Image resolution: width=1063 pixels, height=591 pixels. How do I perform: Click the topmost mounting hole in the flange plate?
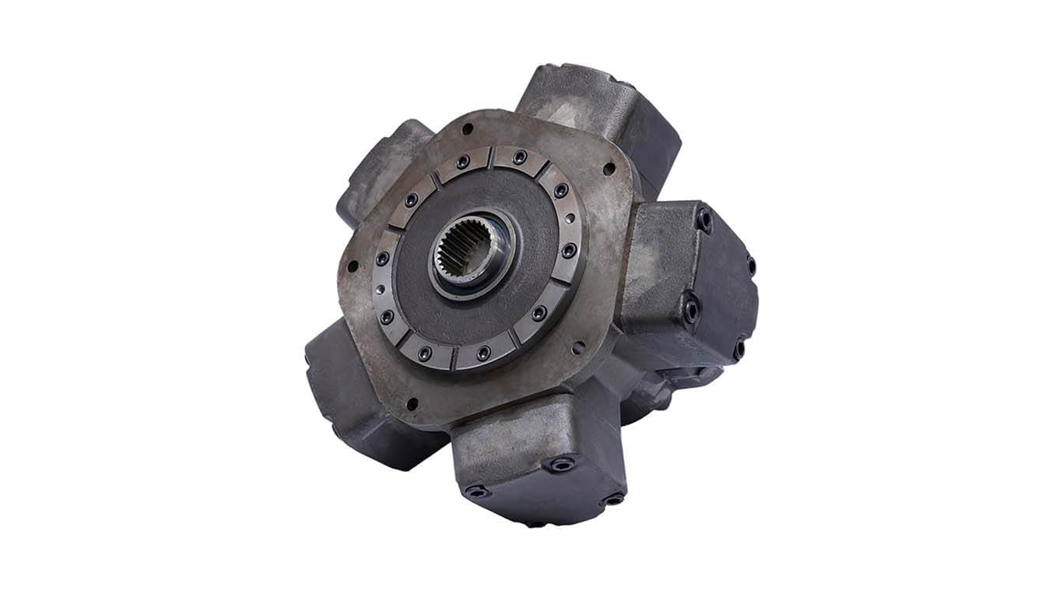467,128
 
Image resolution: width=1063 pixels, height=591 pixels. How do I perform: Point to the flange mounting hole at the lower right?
579,348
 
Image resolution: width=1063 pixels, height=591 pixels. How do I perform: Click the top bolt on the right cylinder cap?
704,220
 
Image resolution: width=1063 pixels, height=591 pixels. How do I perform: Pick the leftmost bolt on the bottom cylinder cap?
476,491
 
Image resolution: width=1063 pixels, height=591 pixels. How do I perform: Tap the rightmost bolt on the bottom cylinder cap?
615,498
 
